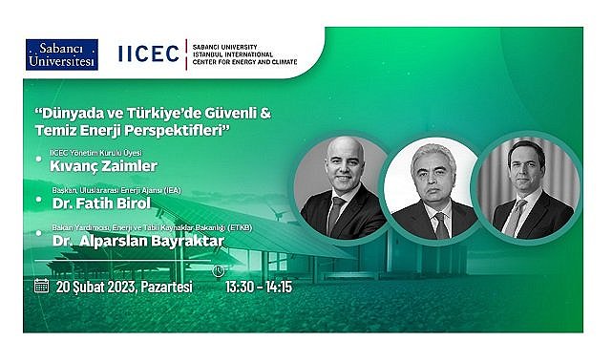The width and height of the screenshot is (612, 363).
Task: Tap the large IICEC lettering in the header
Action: tap(148, 53)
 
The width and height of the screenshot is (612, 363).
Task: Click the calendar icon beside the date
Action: tap(42, 285)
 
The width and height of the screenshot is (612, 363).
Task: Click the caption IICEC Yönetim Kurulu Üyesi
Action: tap(93, 151)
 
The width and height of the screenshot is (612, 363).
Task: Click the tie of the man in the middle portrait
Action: tap(440, 225)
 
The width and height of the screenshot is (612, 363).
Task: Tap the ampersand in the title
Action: tap(266, 113)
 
